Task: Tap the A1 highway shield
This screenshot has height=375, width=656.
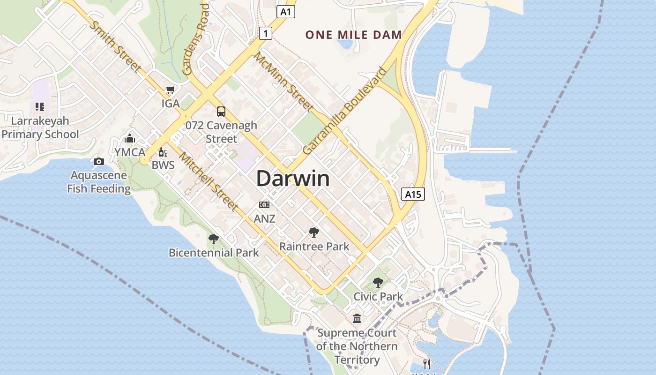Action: pyautogui.click(x=286, y=12)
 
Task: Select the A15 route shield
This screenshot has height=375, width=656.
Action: pyautogui.click(x=413, y=194)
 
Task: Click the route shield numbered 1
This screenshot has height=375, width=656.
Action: pyautogui.click(x=266, y=33)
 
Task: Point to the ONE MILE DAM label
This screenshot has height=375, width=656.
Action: pyautogui.click(x=354, y=35)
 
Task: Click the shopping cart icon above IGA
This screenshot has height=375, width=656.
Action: pyautogui.click(x=171, y=90)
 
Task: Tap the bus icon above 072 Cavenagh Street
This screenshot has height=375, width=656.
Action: pyautogui.click(x=221, y=112)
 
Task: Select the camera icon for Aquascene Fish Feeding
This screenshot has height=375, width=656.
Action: pyautogui.click(x=99, y=162)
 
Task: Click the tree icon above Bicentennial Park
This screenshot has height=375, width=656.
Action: pyautogui.click(x=214, y=239)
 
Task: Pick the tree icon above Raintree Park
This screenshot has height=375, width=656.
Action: pyautogui.click(x=314, y=232)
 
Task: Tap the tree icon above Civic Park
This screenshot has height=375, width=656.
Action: pyautogui.click(x=378, y=283)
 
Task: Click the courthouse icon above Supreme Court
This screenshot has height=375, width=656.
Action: pyautogui.click(x=357, y=319)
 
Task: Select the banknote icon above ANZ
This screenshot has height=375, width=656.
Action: pyautogui.click(x=264, y=205)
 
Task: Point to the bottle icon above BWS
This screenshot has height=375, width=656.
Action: pyautogui.click(x=163, y=152)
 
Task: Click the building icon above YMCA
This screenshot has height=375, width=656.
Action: pyautogui.click(x=130, y=138)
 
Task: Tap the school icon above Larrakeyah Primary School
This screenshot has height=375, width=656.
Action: pyautogui.click(x=40, y=107)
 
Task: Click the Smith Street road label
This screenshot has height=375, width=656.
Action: pyautogui.click(x=115, y=47)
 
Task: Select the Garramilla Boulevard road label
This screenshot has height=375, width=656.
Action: pyautogui.click(x=344, y=111)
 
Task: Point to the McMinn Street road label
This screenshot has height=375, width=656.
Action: pyautogui.click(x=283, y=82)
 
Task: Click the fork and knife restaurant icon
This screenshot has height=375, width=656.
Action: pyautogui.click(x=427, y=364)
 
